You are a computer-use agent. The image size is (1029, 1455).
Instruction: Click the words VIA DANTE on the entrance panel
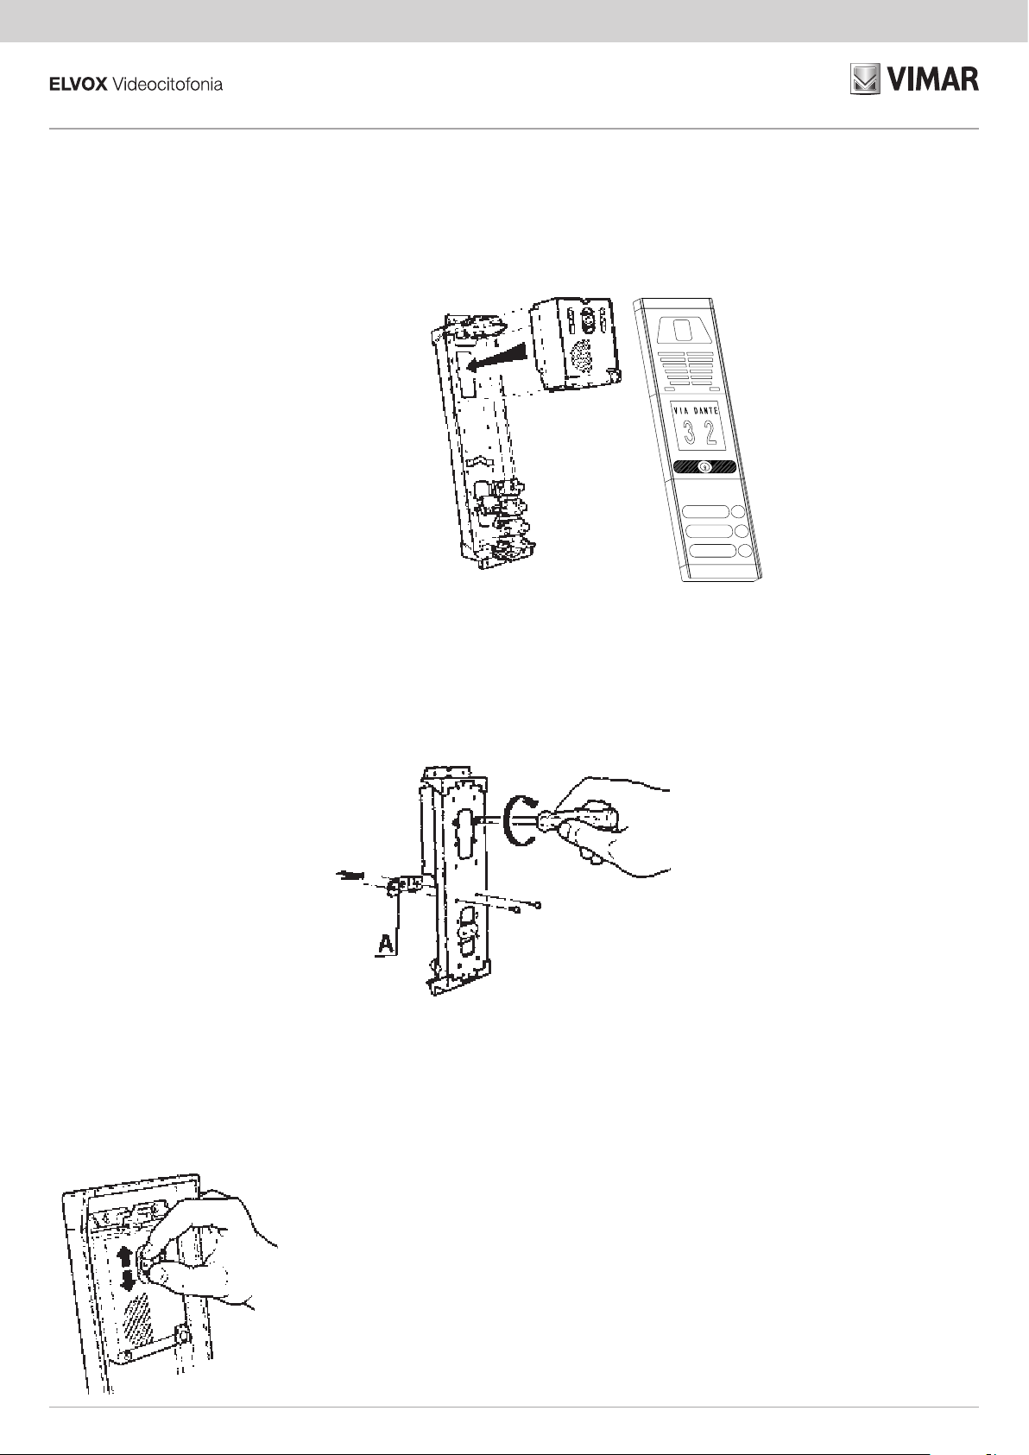[695, 411]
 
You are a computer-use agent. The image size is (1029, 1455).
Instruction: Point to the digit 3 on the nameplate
[690, 433]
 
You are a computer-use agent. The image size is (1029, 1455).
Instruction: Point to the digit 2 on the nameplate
[710, 434]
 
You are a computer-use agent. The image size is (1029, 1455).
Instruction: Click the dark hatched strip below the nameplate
[704, 467]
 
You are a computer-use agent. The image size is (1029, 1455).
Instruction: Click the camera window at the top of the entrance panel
[682, 328]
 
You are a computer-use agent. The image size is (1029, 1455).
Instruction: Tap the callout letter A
[386, 945]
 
